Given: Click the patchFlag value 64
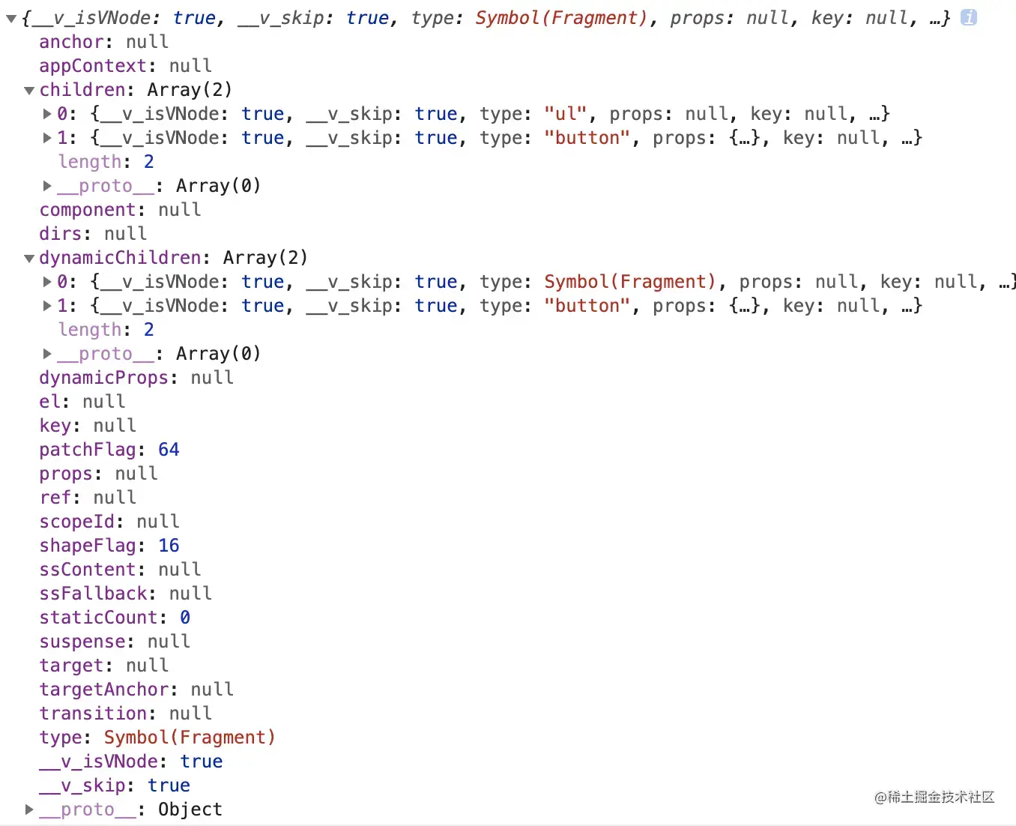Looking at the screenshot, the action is (x=169, y=450).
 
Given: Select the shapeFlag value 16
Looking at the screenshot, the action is (x=169, y=546).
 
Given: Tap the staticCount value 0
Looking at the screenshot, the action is (x=184, y=618).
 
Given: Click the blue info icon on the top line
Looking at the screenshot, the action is (x=969, y=17).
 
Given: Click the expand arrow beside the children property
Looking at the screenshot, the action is (x=29, y=91).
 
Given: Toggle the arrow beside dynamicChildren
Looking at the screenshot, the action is (x=29, y=259).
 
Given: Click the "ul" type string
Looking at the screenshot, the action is (x=566, y=114).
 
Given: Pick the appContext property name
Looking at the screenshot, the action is (x=92, y=66).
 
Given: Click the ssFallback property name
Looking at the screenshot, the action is (x=92, y=594).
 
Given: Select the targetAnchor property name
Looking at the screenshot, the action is (x=103, y=690).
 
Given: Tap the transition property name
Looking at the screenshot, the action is (x=92, y=714).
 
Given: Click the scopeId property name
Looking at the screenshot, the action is (x=76, y=522).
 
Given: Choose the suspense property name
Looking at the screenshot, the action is (x=82, y=642).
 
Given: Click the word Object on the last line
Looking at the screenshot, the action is (x=190, y=810).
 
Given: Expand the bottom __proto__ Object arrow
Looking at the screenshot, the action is (x=29, y=810).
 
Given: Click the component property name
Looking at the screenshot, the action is (x=87, y=210).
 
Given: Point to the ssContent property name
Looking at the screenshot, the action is (x=87, y=570).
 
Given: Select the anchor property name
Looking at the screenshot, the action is (x=70, y=42).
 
